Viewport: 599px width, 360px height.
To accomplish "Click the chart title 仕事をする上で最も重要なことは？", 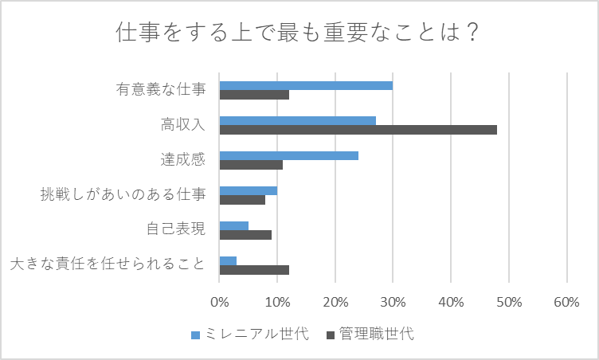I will pyautogui.click(x=299, y=34).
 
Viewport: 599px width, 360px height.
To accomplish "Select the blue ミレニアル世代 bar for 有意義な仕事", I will pyautogui.click(x=306, y=85).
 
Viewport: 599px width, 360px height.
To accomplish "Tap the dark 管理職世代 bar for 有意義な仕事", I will pyautogui.click(x=254, y=95).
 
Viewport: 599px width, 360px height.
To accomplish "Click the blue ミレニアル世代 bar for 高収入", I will pyautogui.click(x=297, y=120).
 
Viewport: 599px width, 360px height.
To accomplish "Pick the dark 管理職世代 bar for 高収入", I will pyautogui.click(x=358, y=130).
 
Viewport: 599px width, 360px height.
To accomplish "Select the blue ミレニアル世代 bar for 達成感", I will pyautogui.click(x=288, y=155).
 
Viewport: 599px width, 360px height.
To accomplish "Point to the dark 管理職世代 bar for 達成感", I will pyautogui.click(x=251, y=165).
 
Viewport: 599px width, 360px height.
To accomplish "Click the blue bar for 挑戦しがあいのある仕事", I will pyautogui.click(x=248, y=190).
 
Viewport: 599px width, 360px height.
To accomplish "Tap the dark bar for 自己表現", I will pyautogui.click(x=245, y=235).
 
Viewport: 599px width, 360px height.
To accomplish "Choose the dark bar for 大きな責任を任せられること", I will pyautogui.click(x=254, y=270).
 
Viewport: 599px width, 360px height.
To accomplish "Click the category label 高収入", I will pyautogui.click(x=183, y=125).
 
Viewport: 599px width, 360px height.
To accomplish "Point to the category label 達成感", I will pyautogui.click(x=183, y=160).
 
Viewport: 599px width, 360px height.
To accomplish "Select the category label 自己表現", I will pyautogui.click(x=176, y=230).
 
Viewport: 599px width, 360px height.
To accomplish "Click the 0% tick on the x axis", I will pyautogui.click(x=219, y=303).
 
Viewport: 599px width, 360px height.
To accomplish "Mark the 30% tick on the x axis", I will pyautogui.click(x=393, y=303).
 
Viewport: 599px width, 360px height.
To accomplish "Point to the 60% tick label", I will pyautogui.click(x=566, y=303).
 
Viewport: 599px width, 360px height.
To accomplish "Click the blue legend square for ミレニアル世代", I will pyautogui.click(x=195, y=334).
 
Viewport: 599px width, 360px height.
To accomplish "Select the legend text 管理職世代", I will pyautogui.click(x=376, y=334).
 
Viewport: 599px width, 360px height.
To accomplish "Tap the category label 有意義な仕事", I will pyautogui.click(x=161, y=90).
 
